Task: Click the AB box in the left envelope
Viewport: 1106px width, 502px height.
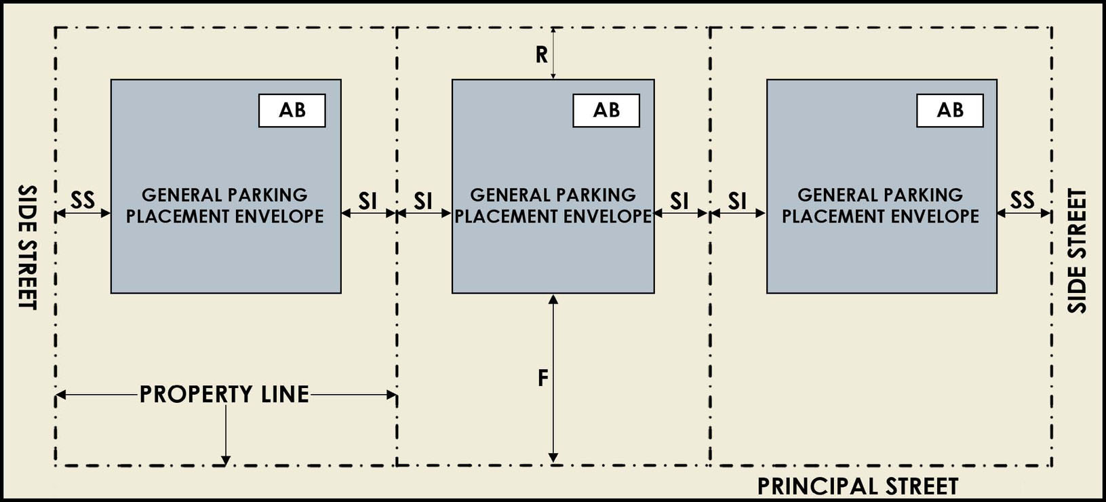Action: tap(292, 111)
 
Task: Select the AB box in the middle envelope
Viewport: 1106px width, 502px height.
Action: tap(606, 111)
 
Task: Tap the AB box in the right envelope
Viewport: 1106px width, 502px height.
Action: tap(949, 111)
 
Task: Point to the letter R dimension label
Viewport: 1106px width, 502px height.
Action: tap(541, 55)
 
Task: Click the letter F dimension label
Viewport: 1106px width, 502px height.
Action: tap(542, 379)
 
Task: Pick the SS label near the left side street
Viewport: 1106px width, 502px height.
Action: tap(83, 200)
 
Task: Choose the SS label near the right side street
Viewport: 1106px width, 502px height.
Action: tap(1022, 200)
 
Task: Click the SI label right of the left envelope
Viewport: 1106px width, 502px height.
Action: tap(368, 201)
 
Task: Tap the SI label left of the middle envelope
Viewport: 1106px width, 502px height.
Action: tap(423, 201)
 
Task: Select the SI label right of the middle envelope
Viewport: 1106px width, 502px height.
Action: tap(679, 201)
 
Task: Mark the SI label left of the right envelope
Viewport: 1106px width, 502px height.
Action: tap(737, 201)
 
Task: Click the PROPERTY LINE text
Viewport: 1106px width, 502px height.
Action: tap(224, 395)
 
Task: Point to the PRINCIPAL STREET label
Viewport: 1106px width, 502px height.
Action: tap(857, 486)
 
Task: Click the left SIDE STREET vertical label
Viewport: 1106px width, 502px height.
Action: tap(27, 247)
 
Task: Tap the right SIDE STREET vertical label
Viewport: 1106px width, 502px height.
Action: tap(1077, 251)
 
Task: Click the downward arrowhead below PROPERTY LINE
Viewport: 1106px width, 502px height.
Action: tap(226, 461)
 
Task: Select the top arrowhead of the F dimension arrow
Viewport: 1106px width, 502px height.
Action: tap(553, 299)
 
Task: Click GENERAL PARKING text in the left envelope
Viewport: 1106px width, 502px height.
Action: tap(224, 195)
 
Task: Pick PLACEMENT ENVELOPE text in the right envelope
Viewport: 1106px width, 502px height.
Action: tap(880, 216)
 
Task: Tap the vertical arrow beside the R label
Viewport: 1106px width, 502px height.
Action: tap(553, 54)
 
